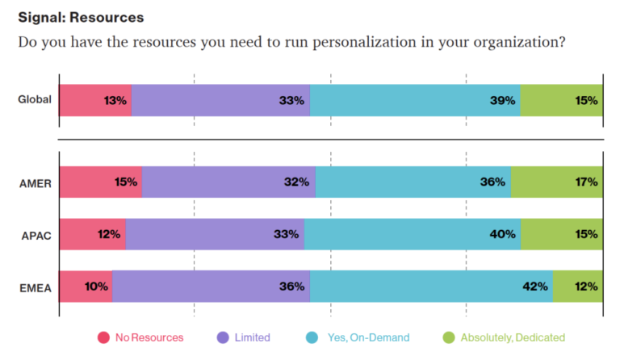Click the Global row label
[35, 100]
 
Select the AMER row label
[35, 182]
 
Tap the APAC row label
[35, 235]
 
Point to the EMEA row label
[35, 287]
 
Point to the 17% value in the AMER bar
[586, 182]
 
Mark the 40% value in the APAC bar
[503, 235]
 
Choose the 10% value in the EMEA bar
[96, 287]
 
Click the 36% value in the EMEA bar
[292, 287]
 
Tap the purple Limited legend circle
[223, 337]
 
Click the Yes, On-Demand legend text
[368, 337]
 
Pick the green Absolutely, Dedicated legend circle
[449, 337]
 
